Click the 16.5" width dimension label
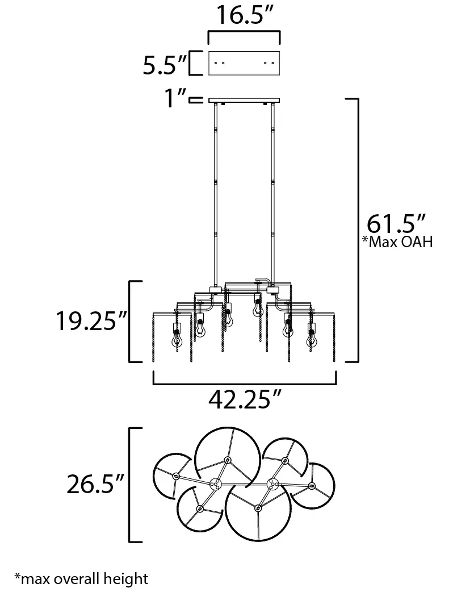pyautogui.click(x=244, y=16)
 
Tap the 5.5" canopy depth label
pyautogui.click(x=165, y=65)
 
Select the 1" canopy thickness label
pyautogui.click(x=174, y=100)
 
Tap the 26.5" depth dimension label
pyautogui.click(x=95, y=485)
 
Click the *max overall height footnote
pyautogui.click(x=81, y=579)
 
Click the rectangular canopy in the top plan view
pyautogui.click(x=244, y=63)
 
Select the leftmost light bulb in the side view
pyautogui.click(x=176, y=335)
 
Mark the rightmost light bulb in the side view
pyautogui.click(x=311, y=336)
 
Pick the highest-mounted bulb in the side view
pyautogui.click(x=257, y=307)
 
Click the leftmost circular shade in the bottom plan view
pyautogui.click(x=172, y=474)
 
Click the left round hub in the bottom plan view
pyautogui.click(x=215, y=484)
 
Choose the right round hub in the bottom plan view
pyautogui.click(x=272, y=484)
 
